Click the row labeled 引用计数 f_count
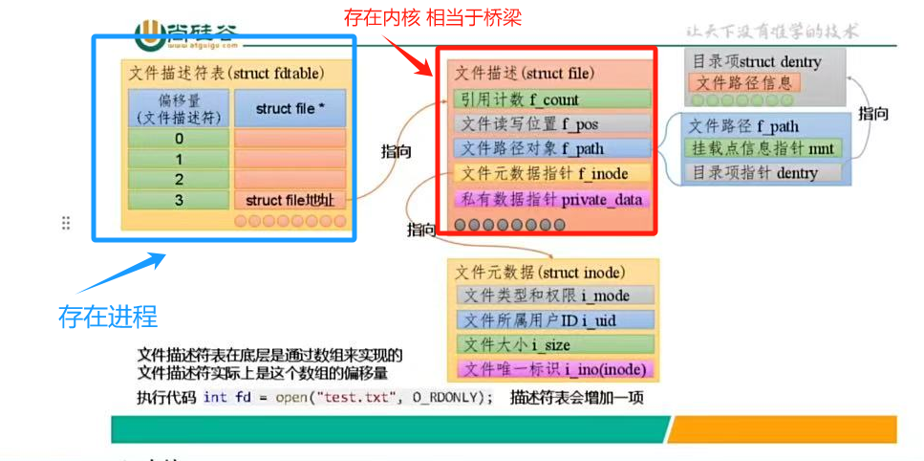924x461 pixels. tap(552, 99)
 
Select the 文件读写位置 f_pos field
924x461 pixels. tap(552, 124)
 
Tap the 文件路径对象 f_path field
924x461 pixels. tap(552, 148)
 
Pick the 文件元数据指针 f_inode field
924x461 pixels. tap(552, 173)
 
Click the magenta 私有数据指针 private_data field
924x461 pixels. tap(552, 199)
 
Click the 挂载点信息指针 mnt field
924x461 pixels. tap(763, 149)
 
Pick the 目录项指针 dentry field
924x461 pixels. tap(763, 173)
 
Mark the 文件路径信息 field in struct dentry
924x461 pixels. tap(744, 83)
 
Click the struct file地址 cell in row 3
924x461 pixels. tap(290, 200)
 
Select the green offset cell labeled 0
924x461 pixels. tap(179, 138)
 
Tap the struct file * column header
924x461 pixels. tap(290, 109)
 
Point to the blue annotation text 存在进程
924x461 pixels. tap(108, 315)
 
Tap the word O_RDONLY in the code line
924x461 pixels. tap(448, 397)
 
